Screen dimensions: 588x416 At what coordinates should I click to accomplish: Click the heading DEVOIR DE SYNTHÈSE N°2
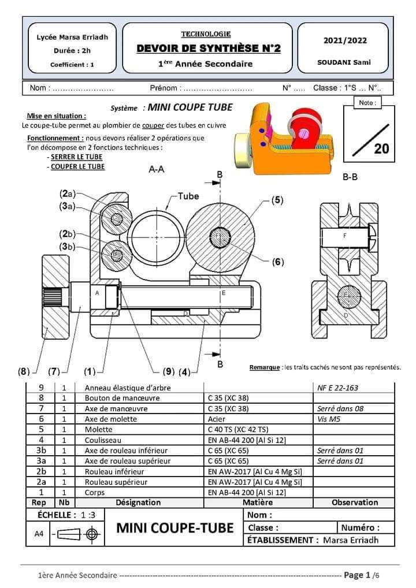209,49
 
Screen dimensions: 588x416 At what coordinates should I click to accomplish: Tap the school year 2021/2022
345,40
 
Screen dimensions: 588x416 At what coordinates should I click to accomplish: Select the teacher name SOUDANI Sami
344,62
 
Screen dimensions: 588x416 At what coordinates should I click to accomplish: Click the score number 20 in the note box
381,148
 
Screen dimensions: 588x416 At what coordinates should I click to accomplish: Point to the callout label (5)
277,200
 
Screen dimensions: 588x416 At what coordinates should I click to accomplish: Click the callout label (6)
278,262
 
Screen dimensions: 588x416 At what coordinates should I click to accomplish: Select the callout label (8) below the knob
24,371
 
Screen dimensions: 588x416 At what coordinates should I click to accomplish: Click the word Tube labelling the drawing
188,196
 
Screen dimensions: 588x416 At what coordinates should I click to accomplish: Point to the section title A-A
156,169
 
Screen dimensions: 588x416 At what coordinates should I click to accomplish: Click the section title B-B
350,177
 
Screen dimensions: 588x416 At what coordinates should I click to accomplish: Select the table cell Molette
98,429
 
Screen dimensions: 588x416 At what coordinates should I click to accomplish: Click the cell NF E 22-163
338,388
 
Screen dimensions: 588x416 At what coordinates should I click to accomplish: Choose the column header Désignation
138,503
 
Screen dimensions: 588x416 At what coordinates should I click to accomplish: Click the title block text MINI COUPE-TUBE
175,528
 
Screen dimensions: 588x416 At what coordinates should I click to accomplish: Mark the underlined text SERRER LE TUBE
76,157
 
